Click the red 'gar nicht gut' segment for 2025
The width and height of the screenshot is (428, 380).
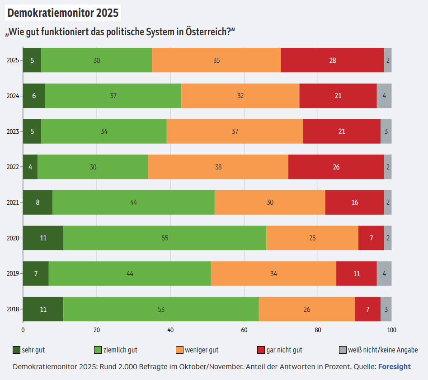click(x=333, y=60)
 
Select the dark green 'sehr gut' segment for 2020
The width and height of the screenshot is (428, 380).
click(x=43, y=238)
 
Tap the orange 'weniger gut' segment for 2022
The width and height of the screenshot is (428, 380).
click(x=218, y=167)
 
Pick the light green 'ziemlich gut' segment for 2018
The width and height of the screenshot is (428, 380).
click(x=161, y=309)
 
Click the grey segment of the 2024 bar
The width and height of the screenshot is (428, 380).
click(x=384, y=96)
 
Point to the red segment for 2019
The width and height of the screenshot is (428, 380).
click(x=357, y=273)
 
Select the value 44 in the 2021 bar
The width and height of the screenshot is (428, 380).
click(x=133, y=202)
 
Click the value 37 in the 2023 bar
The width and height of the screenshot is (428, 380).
click(x=235, y=131)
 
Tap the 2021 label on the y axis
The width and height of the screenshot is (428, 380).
click(x=13, y=202)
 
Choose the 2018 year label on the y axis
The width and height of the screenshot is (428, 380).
click(x=13, y=309)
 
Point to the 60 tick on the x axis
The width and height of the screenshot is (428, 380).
click(x=244, y=330)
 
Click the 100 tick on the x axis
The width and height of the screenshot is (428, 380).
click(x=391, y=330)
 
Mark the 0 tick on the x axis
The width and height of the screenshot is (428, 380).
click(x=23, y=330)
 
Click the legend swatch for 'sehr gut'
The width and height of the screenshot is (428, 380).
click(x=17, y=350)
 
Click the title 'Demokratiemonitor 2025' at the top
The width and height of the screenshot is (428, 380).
click(x=63, y=13)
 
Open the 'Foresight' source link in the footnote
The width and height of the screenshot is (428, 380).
click(x=394, y=366)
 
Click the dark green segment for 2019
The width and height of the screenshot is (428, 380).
click(x=36, y=273)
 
